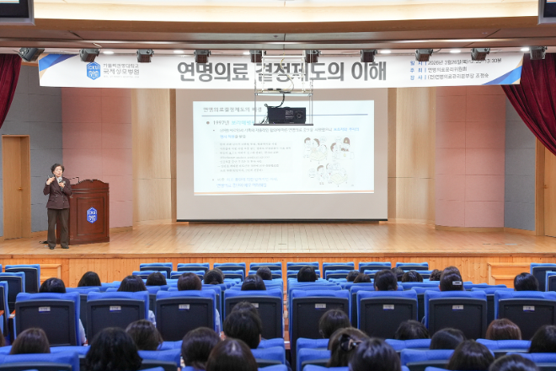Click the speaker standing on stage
[58, 207]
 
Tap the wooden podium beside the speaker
[89, 212]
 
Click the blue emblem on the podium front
[92, 215]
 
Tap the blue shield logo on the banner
[93, 70]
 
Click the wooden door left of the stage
[15, 186]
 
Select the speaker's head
[57, 169]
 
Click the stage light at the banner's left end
[30, 54]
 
